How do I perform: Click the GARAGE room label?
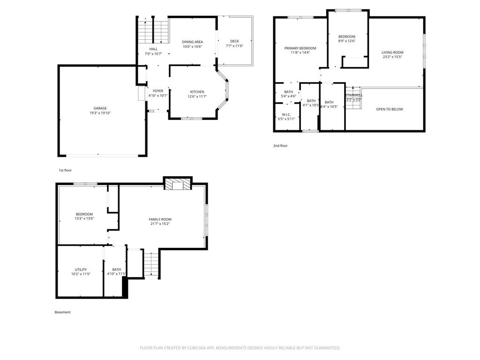pyautogui.click(x=100, y=108)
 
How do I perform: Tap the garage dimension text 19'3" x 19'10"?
pyautogui.click(x=100, y=113)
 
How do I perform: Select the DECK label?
pyautogui.click(x=234, y=41)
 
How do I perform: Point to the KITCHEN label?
pyautogui.click(x=197, y=91)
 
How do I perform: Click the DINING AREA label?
pyautogui.click(x=192, y=42)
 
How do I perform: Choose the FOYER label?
pyautogui.click(x=158, y=91)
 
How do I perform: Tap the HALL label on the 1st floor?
pyautogui.click(x=153, y=49)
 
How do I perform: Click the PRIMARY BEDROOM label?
pyautogui.click(x=300, y=48)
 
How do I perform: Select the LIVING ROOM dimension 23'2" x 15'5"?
pyautogui.click(x=392, y=57)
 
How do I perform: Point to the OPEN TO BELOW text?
pyautogui.click(x=390, y=109)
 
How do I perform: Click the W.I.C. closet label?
pyautogui.click(x=286, y=114)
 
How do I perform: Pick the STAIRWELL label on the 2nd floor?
pyautogui.click(x=354, y=95)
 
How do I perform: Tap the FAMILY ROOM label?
pyautogui.click(x=160, y=219)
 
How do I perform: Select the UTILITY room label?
pyautogui.click(x=81, y=270)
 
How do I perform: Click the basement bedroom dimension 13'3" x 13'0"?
pyautogui.click(x=84, y=218)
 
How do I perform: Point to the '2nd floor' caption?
pyautogui.click(x=280, y=146)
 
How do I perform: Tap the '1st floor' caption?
pyautogui.click(x=65, y=170)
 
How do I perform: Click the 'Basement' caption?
pyautogui.click(x=62, y=312)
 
